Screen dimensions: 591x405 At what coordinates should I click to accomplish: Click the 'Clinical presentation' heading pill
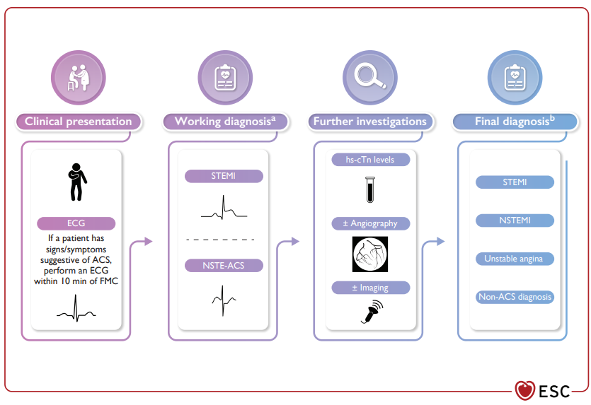pos(79,122)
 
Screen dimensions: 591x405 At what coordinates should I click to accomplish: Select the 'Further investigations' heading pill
pos(370,122)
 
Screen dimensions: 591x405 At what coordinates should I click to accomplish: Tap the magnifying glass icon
pos(370,77)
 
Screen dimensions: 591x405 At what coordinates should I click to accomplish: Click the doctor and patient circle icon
pos(79,78)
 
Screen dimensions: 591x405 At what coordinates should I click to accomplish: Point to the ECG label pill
pos(76,223)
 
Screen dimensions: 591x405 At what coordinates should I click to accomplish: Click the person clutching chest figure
pos(77,182)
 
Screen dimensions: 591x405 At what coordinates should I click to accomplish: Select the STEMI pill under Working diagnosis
pos(224,176)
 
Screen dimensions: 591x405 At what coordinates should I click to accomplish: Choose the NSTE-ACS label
pos(224,265)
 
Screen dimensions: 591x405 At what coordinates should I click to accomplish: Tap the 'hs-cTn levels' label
pos(370,160)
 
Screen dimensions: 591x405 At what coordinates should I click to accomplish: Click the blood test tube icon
pos(370,189)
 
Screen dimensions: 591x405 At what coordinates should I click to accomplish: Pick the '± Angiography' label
pos(370,223)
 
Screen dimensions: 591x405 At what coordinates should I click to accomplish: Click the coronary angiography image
pos(370,254)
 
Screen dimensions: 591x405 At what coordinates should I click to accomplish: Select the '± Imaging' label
pos(370,288)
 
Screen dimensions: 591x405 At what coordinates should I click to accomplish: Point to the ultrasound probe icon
pos(372,312)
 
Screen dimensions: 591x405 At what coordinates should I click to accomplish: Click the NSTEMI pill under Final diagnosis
pos(515,221)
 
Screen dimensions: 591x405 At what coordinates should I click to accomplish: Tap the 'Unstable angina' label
pos(515,259)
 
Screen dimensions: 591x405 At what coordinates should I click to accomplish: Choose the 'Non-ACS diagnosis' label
pos(515,297)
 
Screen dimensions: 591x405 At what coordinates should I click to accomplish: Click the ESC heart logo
pos(525,390)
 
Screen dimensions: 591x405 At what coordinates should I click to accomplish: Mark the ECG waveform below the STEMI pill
pos(224,207)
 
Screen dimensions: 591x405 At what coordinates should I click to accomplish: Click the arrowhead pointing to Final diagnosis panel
pos(441,241)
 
